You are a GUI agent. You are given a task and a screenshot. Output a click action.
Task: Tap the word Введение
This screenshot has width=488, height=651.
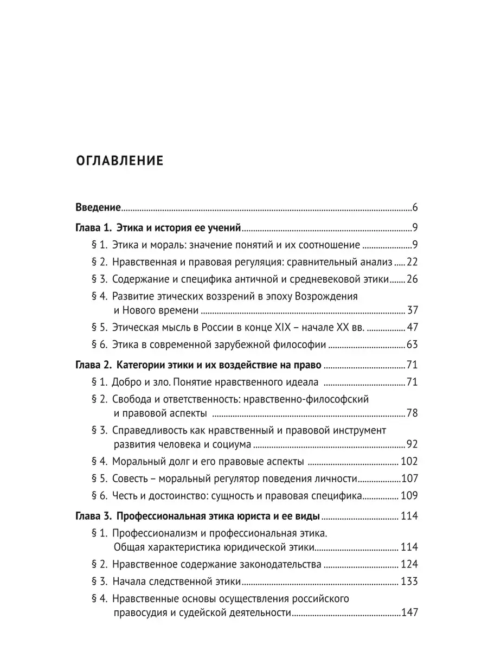pos(97,207)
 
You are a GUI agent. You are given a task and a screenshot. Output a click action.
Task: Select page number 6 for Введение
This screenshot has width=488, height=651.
pos(414,207)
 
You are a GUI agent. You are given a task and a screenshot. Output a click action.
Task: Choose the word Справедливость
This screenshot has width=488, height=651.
pos(150,430)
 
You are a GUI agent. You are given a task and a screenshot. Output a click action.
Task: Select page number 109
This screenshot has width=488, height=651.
pos(409,496)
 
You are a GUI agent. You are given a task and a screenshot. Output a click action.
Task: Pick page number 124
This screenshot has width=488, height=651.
pos(409,564)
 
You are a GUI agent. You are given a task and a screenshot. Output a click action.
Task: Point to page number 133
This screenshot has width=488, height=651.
pos(409,581)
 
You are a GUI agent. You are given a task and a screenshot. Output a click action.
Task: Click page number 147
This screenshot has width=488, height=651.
pos(409,613)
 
